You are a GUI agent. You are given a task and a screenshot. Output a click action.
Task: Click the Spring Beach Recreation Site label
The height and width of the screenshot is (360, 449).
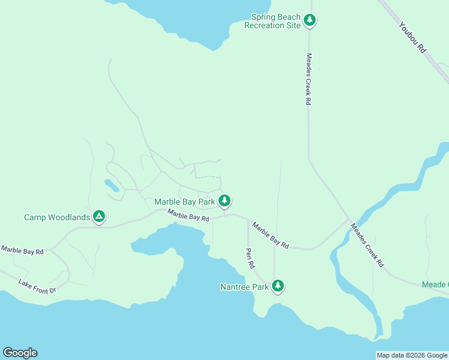pos(272,22)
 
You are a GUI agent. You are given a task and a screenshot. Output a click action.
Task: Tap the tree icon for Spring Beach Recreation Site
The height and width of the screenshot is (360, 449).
pos(310,20)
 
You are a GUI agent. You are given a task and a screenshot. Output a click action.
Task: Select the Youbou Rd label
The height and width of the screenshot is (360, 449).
pos(412,38)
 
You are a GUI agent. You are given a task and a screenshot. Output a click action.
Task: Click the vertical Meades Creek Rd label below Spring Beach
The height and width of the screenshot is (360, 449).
pos(309,79)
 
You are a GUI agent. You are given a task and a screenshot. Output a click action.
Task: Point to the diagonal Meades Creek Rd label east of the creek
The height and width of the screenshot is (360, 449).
pos(367,245)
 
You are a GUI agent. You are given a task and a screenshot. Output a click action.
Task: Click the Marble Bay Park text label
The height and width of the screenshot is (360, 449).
pos(184,202)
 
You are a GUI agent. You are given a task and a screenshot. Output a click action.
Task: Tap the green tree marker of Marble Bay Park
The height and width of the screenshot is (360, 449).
pos(224,200)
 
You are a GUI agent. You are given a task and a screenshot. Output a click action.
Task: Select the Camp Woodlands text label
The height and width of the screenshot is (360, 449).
pos(57,217)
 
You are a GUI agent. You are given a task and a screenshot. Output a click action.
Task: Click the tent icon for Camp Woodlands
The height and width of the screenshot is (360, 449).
pos(99,217)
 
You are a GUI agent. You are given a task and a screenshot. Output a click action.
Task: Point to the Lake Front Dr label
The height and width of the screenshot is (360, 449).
pos(37,286)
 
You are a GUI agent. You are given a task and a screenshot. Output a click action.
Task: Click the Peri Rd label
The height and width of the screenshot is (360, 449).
pos(250,257)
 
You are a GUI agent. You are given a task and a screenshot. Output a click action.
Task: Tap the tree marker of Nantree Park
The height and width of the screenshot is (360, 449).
pos(277,286)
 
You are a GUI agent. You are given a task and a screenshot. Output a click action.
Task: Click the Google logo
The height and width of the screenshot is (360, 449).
pos(20,353)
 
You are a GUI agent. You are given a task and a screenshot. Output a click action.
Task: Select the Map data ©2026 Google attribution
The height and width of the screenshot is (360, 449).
pos(412,355)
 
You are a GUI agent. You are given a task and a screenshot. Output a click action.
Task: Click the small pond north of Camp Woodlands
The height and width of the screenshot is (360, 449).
pos(112,185)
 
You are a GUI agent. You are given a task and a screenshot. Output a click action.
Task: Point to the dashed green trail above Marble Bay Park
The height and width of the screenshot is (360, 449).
pos(208,177)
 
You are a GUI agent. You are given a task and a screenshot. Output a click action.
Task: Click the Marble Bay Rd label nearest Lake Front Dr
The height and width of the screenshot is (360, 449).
pos(22,250)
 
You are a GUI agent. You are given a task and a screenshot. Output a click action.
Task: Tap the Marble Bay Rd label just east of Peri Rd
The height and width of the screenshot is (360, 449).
pos(271,235)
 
